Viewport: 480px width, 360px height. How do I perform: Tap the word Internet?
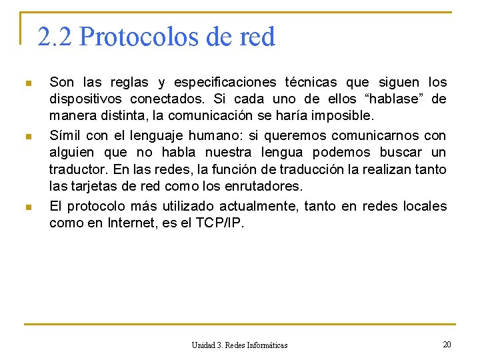pos(131,223)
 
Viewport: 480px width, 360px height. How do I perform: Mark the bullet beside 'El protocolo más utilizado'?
pos(27,207)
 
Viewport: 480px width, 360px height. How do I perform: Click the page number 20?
pos(447,344)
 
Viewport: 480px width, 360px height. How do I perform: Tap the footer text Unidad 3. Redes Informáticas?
pos(239,345)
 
